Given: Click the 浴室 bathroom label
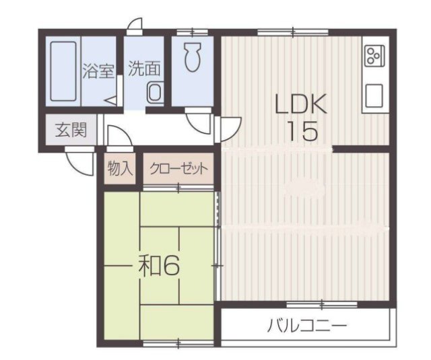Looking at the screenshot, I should pyautogui.click(x=98, y=70).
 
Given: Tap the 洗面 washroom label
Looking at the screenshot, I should pyautogui.click(x=144, y=69).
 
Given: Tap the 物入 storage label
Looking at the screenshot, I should pyautogui.click(x=121, y=168).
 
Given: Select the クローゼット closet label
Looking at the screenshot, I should pyautogui.click(x=179, y=168).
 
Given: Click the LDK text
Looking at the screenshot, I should pyautogui.click(x=300, y=104).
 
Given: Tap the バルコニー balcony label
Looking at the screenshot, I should pyautogui.click(x=306, y=327).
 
